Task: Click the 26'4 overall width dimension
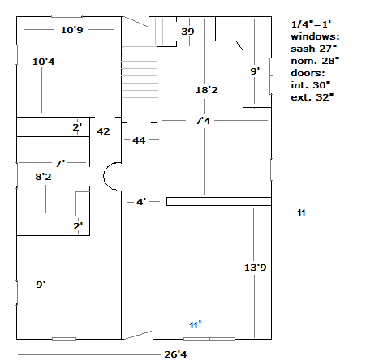coord(175,354)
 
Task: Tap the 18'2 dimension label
coord(207,90)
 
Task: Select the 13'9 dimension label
coord(256,268)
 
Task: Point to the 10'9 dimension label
coord(72,30)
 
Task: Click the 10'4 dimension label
coord(44,62)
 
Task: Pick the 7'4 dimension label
coord(203,121)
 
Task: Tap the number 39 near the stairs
coord(187,32)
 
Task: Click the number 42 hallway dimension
coord(103,131)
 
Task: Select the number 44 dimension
coord(139,140)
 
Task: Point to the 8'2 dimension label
coord(43,177)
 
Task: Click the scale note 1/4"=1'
coord(311,24)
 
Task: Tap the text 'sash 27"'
coord(314,49)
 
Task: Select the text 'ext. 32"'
coord(312,97)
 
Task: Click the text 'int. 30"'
coord(311,85)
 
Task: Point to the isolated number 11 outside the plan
coord(301,212)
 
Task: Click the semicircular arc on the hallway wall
coord(104,177)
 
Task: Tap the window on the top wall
coord(67,16)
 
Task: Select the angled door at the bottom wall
coord(137,335)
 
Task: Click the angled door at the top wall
coord(136,22)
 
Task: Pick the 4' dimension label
coord(141,202)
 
